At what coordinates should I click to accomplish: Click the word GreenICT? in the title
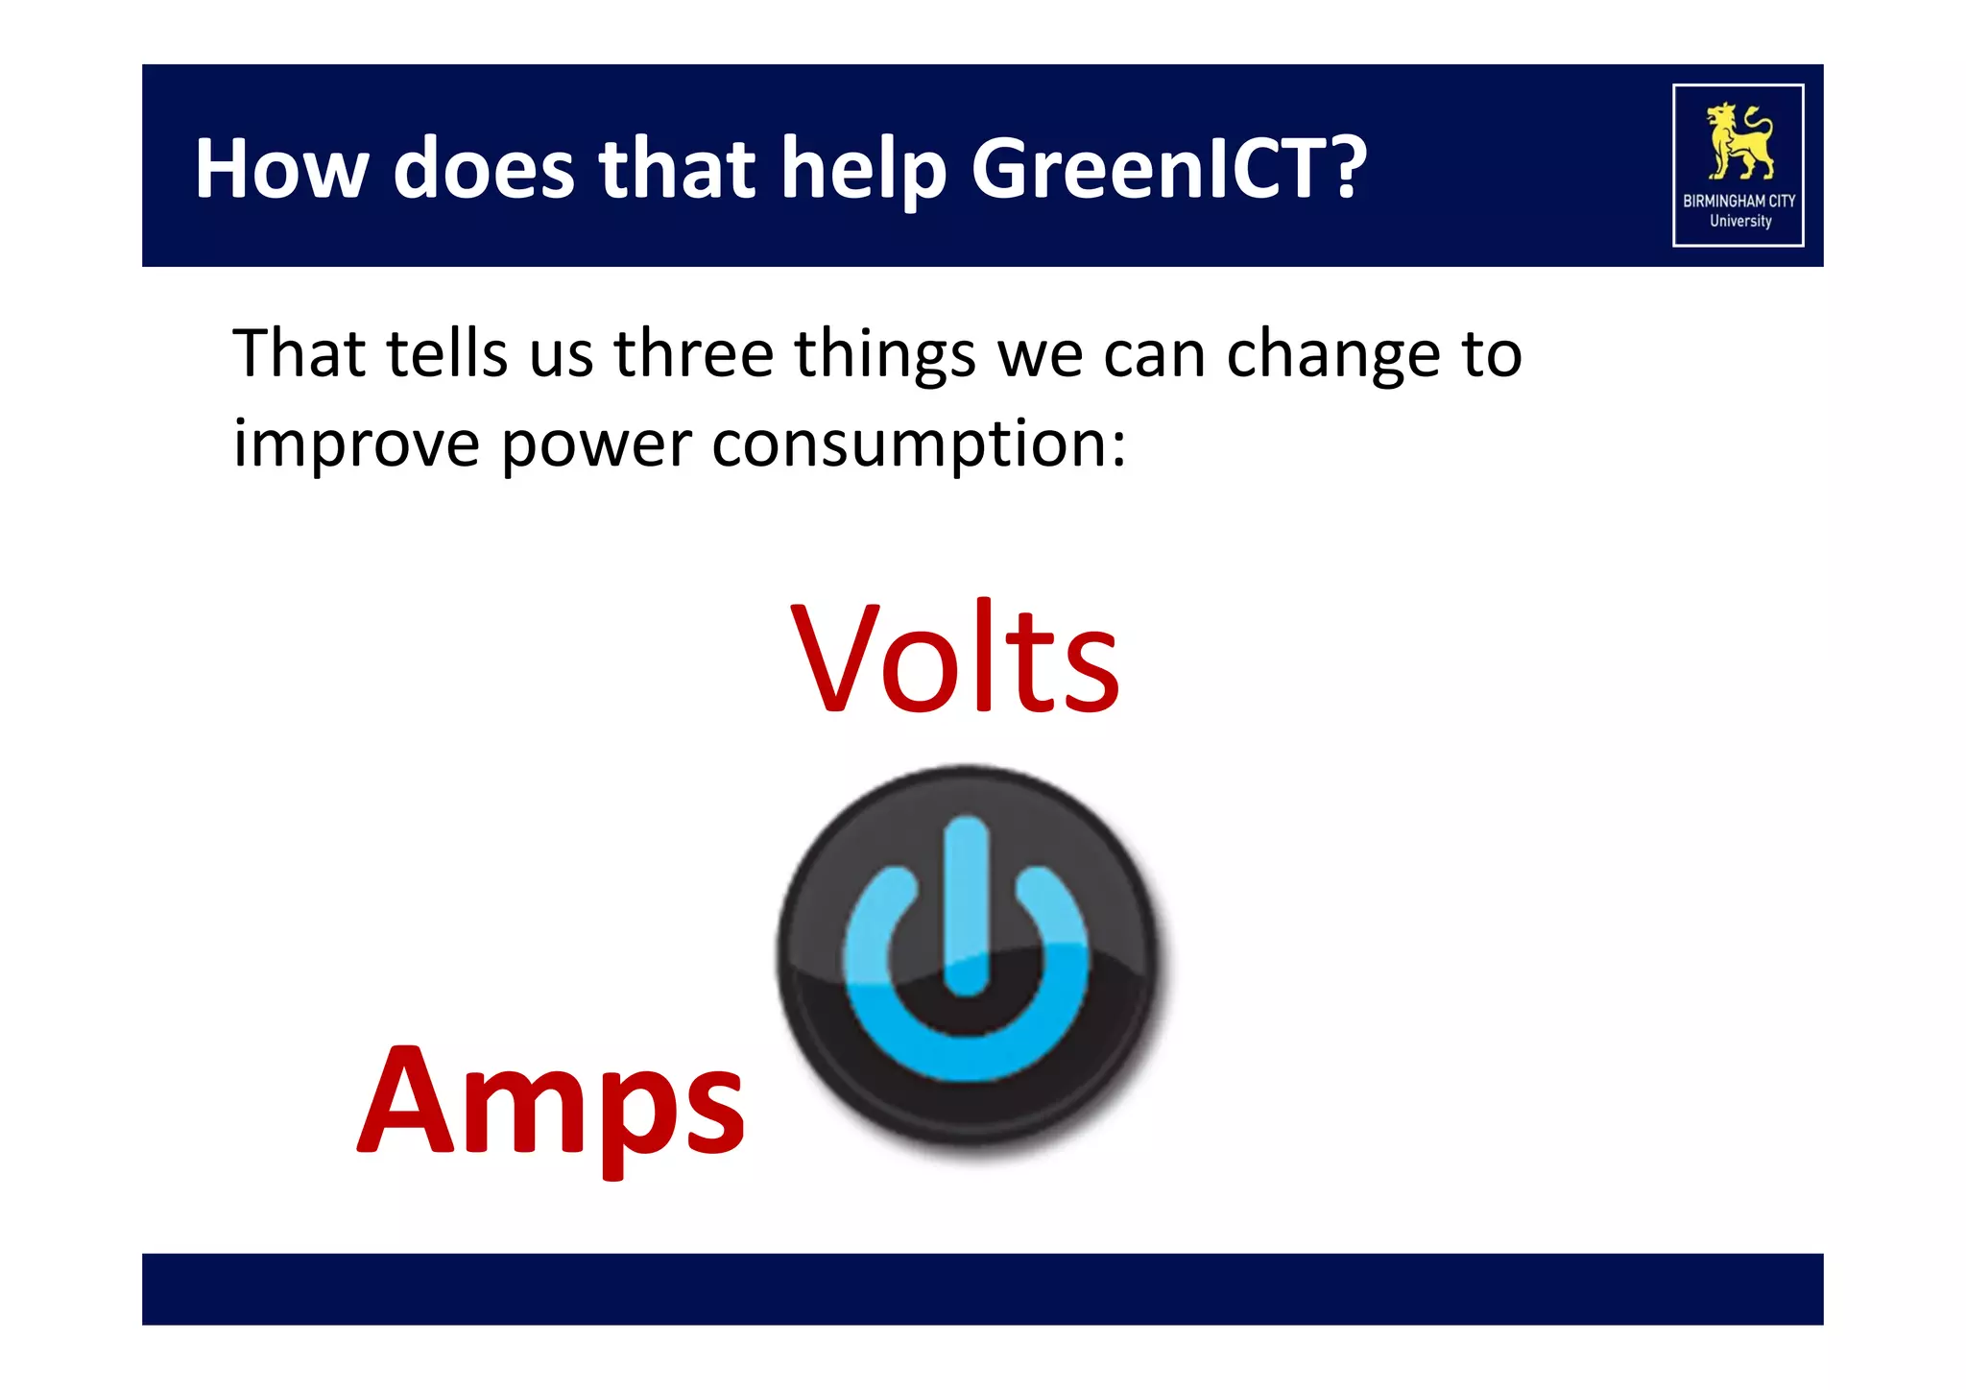pyautogui.click(x=1168, y=169)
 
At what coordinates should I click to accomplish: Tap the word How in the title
pyautogui.click(x=281, y=169)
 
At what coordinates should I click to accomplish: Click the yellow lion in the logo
pyautogui.click(x=1738, y=141)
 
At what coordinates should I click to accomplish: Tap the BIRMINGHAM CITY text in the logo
pyautogui.click(x=1738, y=201)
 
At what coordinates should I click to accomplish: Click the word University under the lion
pyautogui.click(x=1739, y=221)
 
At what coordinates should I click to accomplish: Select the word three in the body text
pyautogui.click(x=693, y=353)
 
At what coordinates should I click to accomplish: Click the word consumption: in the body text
pyautogui.click(x=919, y=444)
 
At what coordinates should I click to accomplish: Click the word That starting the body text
pyautogui.click(x=299, y=353)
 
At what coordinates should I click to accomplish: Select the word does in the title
pyautogui.click(x=484, y=169)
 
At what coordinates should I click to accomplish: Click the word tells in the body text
pyautogui.click(x=446, y=353)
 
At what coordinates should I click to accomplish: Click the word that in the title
pyautogui.click(x=678, y=169)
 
